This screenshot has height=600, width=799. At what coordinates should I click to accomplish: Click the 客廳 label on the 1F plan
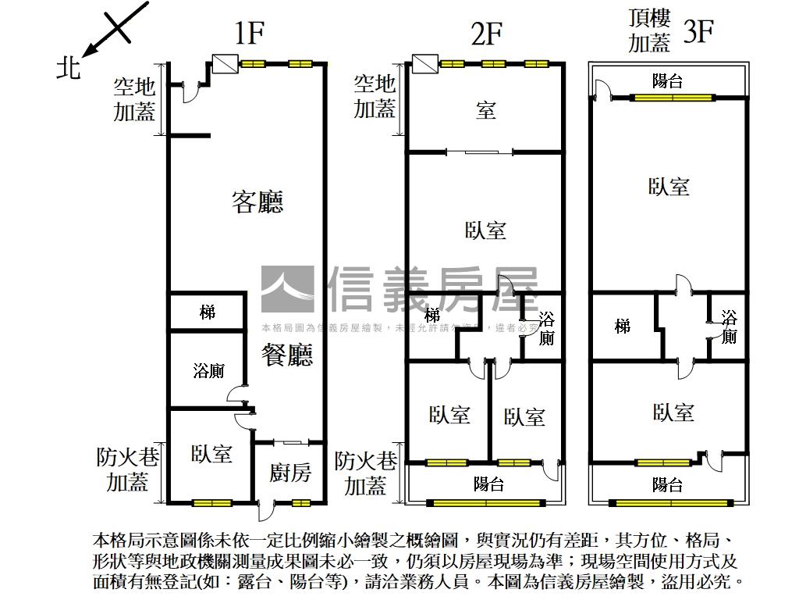pos(257,202)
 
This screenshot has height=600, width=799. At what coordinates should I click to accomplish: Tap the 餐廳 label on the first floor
pos(286,356)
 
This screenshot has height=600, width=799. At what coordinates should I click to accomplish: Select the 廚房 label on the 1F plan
pos(290,472)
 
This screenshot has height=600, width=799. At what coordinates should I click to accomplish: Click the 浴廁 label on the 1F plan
pos(208,371)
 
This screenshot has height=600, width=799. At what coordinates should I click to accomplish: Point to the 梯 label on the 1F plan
pos(208,312)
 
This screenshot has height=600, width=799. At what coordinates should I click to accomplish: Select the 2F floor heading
pos(486,34)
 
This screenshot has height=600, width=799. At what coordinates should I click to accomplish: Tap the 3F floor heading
pos(698,33)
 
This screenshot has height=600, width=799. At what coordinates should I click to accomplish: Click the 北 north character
pos(69,69)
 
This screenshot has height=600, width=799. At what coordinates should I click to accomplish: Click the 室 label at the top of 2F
pos(485,110)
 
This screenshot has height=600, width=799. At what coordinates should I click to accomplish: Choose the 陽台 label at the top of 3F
pos(668,80)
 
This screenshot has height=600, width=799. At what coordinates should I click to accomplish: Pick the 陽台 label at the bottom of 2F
pos(488,484)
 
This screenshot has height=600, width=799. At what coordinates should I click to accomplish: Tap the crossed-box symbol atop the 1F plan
pos(224,63)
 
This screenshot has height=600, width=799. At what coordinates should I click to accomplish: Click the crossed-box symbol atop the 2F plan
pos(424,63)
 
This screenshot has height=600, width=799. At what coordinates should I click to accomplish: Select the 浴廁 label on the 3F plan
pos(729,327)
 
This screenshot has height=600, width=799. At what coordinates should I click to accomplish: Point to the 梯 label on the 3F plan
pos(623,326)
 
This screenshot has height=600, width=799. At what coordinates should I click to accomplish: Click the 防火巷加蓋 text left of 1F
pos(127,470)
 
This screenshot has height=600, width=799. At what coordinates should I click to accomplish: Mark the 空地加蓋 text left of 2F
pos(375,96)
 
